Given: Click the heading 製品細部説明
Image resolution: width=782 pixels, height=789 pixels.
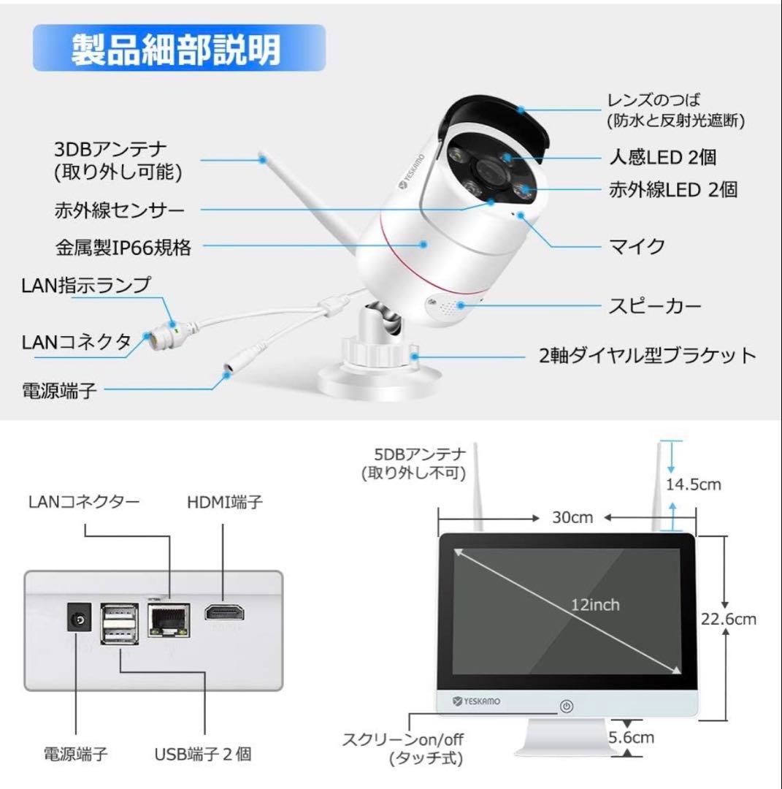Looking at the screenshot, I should coord(175,50).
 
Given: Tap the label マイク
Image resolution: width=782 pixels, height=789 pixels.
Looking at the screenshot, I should coord(637,246).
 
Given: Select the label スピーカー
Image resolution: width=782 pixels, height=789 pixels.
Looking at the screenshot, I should coord(655,305).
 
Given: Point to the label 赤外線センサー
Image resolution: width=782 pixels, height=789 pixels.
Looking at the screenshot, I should coord(120,210).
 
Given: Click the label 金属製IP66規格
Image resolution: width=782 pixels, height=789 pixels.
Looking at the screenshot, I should coord(123,248).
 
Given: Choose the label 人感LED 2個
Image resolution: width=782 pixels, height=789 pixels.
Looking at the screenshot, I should coord(662,156).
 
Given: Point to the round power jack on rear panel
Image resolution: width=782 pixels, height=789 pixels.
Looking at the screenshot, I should coord(79,620).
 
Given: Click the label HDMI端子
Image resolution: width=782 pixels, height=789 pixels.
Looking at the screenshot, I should coord(225,502).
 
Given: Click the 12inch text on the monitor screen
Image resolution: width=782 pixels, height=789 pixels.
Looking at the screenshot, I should coord(595,605).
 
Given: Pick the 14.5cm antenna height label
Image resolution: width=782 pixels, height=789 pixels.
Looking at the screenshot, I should coord(693,484).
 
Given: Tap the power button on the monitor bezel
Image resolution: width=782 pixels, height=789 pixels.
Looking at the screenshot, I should coord(567,706).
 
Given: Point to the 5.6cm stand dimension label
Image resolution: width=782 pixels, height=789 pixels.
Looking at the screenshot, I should coord(632,737).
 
